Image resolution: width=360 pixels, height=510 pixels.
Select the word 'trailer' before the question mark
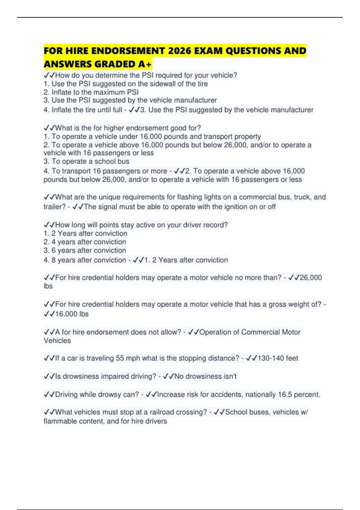click(x=53, y=207)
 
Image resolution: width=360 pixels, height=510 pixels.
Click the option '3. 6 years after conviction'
click(x=85, y=250)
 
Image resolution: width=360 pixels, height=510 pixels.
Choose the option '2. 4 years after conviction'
click(x=85, y=242)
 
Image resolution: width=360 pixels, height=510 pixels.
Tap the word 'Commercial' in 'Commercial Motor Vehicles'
click(x=256, y=332)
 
